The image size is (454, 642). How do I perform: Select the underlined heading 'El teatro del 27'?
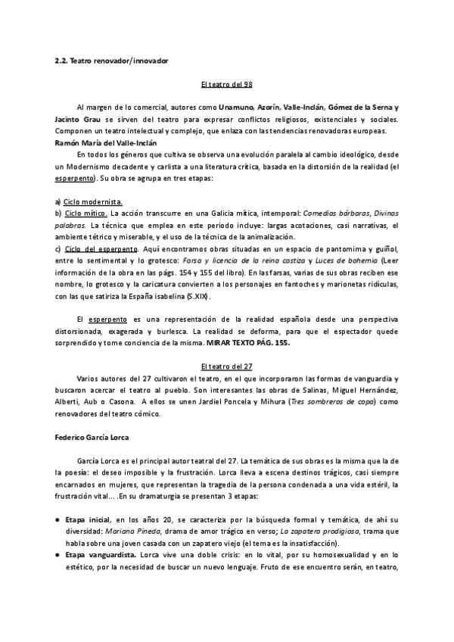point(226,366)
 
